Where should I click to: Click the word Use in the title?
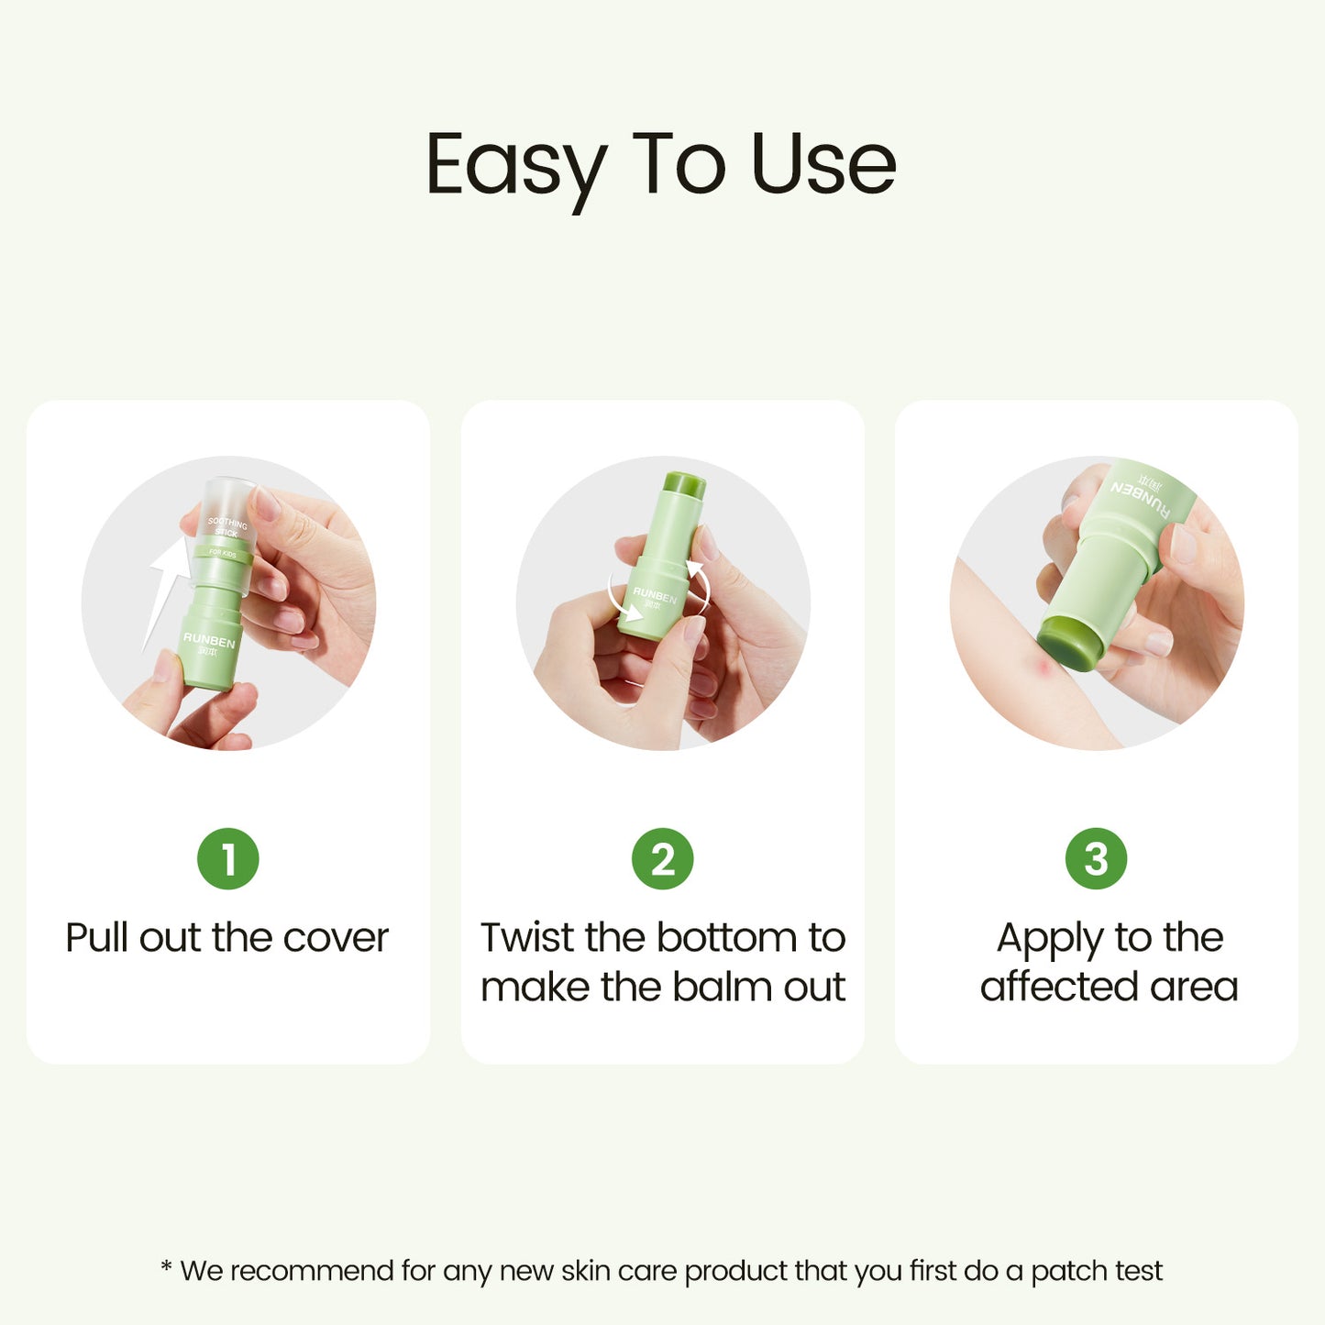click(x=823, y=165)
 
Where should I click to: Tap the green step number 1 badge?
click(x=228, y=859)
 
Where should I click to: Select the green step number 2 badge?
click(x=662, y=859)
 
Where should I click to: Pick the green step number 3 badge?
click(x=1096, y=859)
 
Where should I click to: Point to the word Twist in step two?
click(x=527, y=937)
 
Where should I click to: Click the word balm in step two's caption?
click(x=712, y=987)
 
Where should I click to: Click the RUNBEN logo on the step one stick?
click(x=209, y=639)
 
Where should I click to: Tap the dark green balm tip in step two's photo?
click(x=687, y=483)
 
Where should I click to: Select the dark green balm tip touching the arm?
click(x=1068, y=647)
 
